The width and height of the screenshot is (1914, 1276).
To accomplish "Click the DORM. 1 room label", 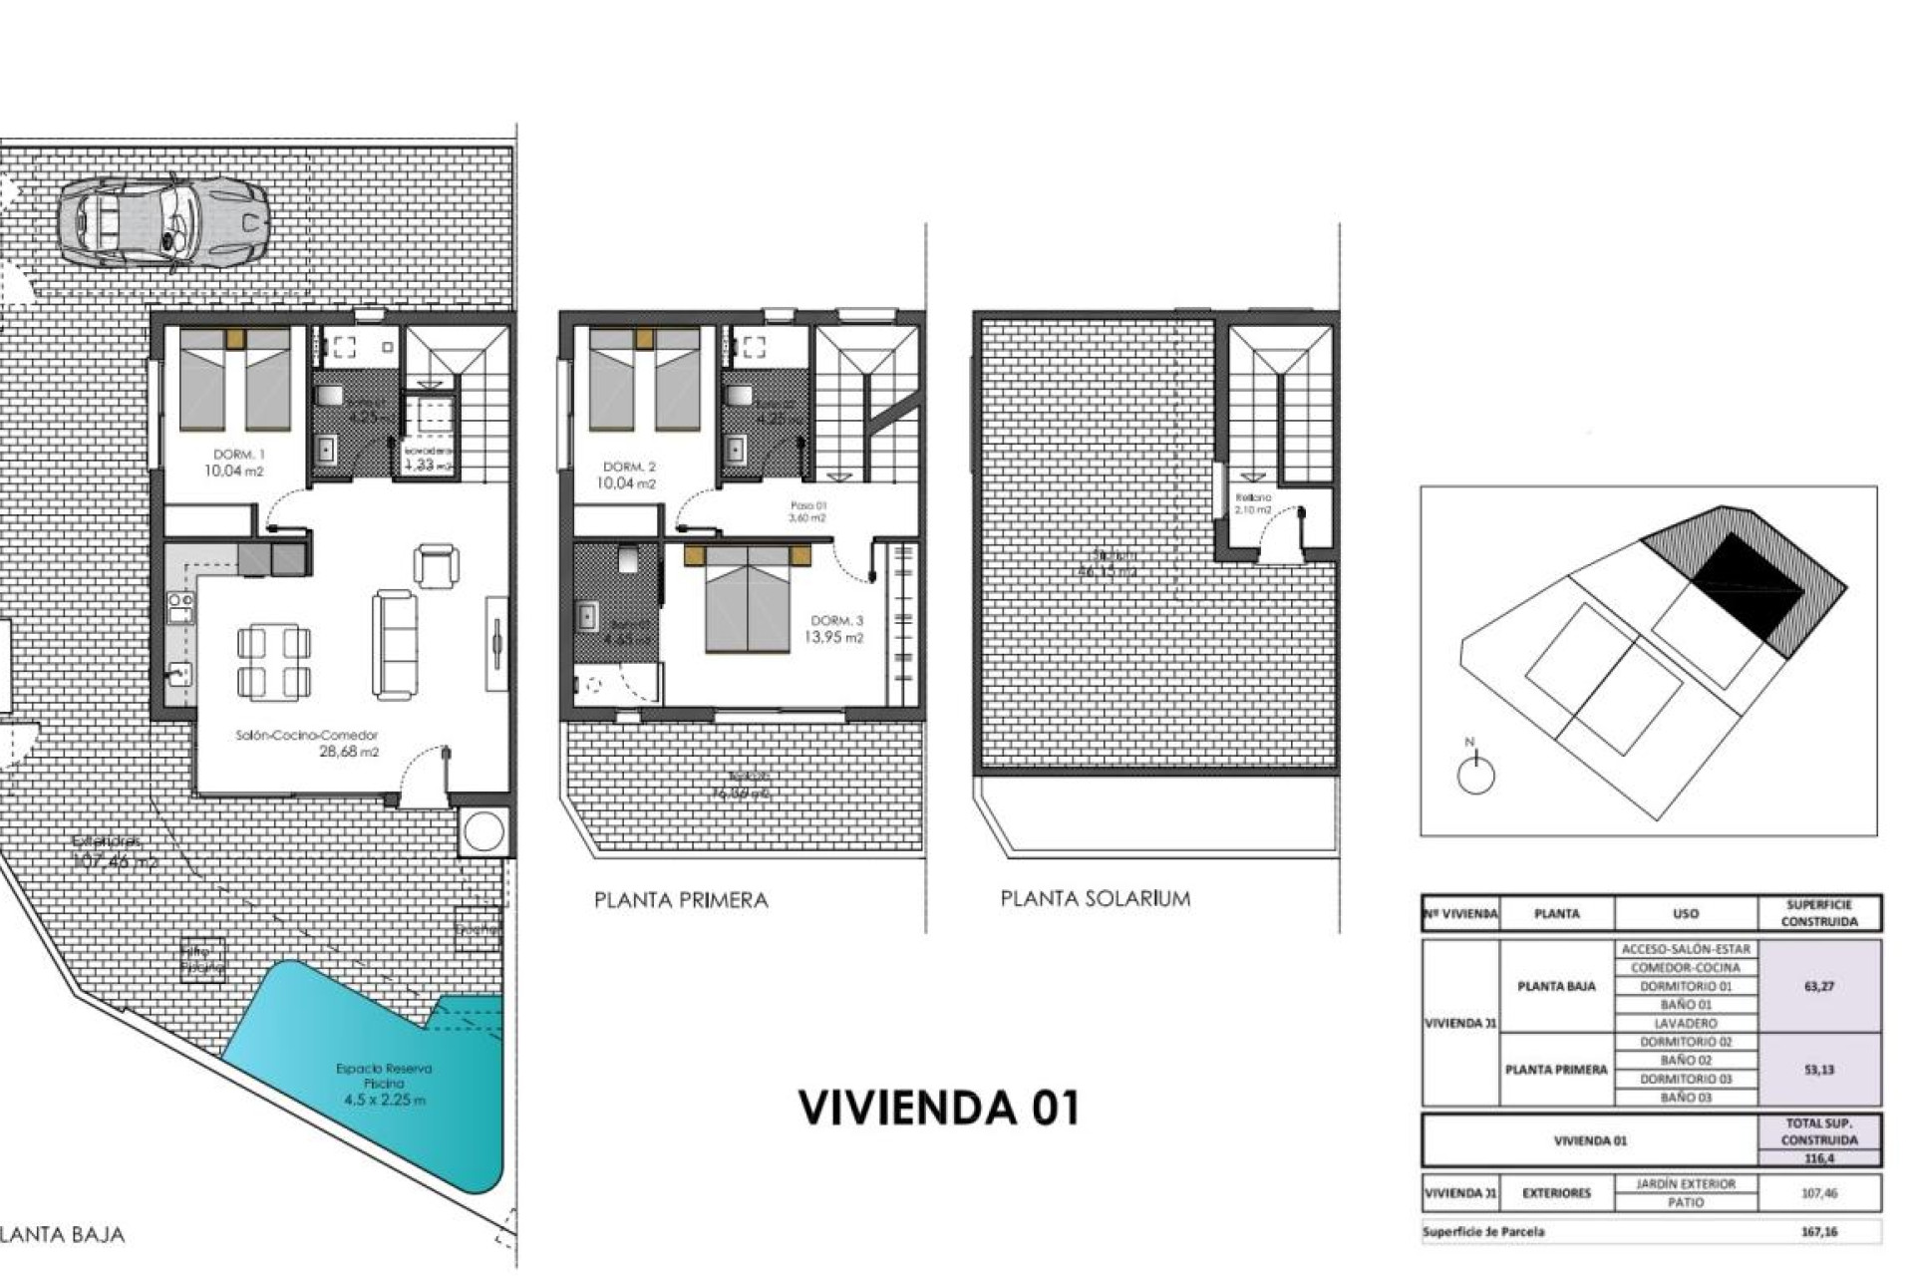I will [235, 455].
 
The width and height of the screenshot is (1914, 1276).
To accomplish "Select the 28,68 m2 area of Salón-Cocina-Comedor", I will [348, 753].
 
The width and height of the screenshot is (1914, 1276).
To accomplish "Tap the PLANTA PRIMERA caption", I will [681, 900].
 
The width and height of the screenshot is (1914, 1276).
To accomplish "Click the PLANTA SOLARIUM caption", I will [1095, 899].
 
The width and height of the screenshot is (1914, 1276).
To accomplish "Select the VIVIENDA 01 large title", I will [939, 1109].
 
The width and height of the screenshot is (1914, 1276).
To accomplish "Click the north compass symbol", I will [1475, 773].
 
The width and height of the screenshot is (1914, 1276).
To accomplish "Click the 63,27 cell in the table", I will [1819, 986].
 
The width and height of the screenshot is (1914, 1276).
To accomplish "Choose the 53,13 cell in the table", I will [1819, 1070].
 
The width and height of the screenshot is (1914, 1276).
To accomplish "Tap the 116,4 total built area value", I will [1819, 1158].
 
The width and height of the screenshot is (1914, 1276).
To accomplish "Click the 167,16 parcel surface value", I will [1819, 1232].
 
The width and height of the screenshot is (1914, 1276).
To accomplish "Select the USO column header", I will [1685, 913].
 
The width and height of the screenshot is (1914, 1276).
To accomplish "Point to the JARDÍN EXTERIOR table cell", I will [1685, 1183].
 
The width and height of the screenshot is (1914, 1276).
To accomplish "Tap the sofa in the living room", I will [395, 643].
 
